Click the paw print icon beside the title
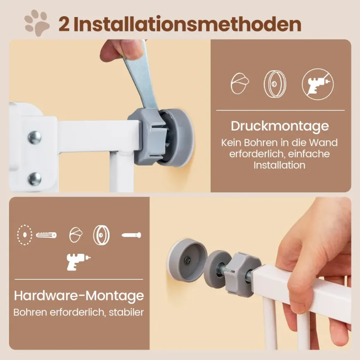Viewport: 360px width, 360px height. pyautogui.click(x=37, y=23)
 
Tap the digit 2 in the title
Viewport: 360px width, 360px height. pyautogui.click(x=64, y=25)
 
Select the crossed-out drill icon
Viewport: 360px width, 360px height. pyautogui.click(x=318, y=84)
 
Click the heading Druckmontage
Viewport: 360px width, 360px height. pyautogui.click(x=280, y=126)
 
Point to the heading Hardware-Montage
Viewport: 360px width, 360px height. pyautogui.click(x=79, y=296)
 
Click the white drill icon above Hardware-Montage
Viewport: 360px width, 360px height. pyautogui.click(x=78, y=262)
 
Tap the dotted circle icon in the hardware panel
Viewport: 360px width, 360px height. pyautogui.click(x=25, y=234)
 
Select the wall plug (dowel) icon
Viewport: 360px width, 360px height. pyautogui.click(x=46, y=235)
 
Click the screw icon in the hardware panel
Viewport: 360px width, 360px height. pyautogui.click(x=131, y=235)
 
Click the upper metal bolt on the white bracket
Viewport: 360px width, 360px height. pyautogui.click(x=35, y=138)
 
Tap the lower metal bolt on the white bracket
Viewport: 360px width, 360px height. pyautogui.click(x=35, y=179)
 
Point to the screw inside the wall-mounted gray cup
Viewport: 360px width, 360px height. pyautogui.click(x=187, y=261)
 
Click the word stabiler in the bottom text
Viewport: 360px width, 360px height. pyautogui.click(x=126, y=312)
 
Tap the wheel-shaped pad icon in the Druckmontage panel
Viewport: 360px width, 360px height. pyautogui.click(x=275, y=84)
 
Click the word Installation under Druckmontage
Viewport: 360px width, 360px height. pyautogui.click(x=279, y=165)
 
